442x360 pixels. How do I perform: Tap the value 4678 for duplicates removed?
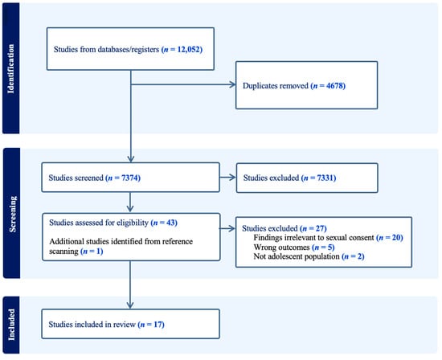coord(334,85)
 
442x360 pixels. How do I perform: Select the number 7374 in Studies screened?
coord(129,178)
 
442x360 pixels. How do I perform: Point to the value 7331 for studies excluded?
coord(325,178)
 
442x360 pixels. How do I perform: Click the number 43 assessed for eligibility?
coord(170,223)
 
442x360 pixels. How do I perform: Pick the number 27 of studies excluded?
coord(320,228)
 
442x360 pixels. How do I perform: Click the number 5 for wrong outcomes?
coord(330,247)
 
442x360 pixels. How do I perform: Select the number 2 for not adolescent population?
coord(360,256)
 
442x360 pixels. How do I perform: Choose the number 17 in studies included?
coord(158,325)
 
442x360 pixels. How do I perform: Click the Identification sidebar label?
coord(10,68)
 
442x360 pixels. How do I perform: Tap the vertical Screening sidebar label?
coord(12,214)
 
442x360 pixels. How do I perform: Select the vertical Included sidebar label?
coord(11,325)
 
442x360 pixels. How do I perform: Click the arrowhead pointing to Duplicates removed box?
coord(233,84)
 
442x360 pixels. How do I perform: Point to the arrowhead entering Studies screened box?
coord(130,159)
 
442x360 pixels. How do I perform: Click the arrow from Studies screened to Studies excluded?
coord(227,178)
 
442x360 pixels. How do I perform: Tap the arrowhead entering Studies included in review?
coord(130,305)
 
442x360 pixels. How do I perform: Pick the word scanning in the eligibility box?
coord(63,252)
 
